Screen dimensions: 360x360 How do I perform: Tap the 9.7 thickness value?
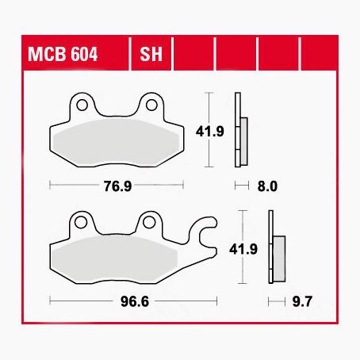tap(300, 301)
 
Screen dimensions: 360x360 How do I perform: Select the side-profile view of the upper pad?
tap(240, 131)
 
